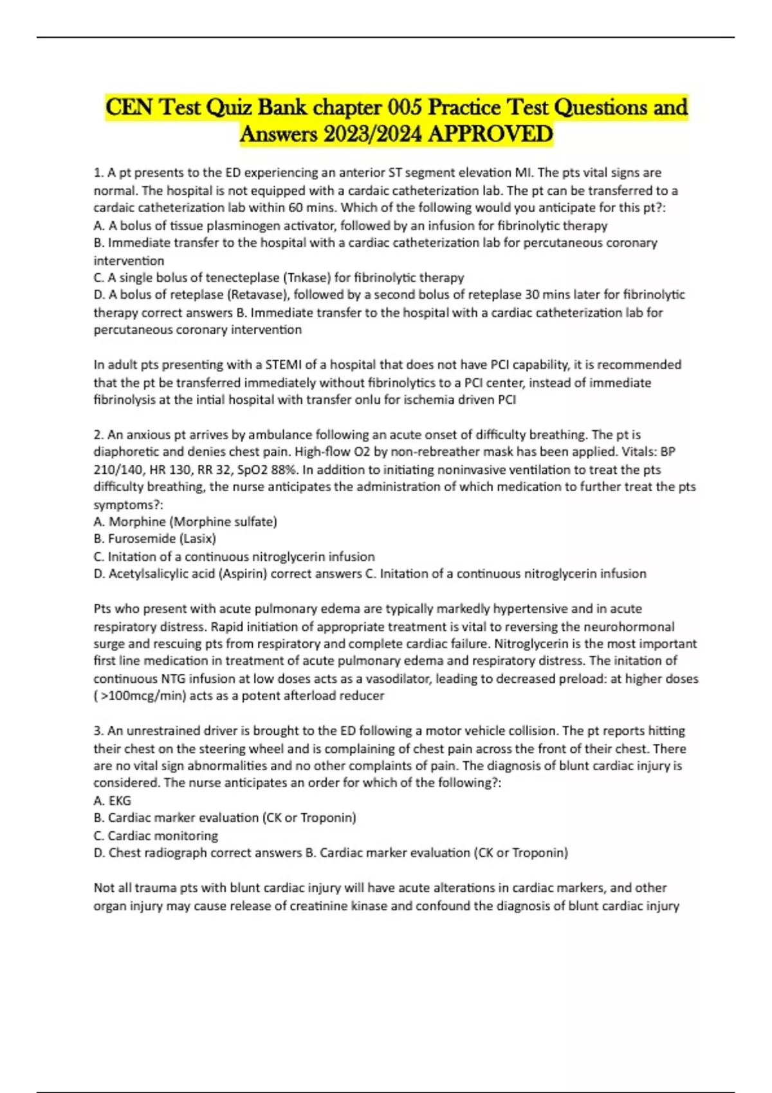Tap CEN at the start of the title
[129, 107]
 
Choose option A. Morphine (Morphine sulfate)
[185, 521]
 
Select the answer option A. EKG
[113, 800]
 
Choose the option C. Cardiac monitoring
[156, 835]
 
